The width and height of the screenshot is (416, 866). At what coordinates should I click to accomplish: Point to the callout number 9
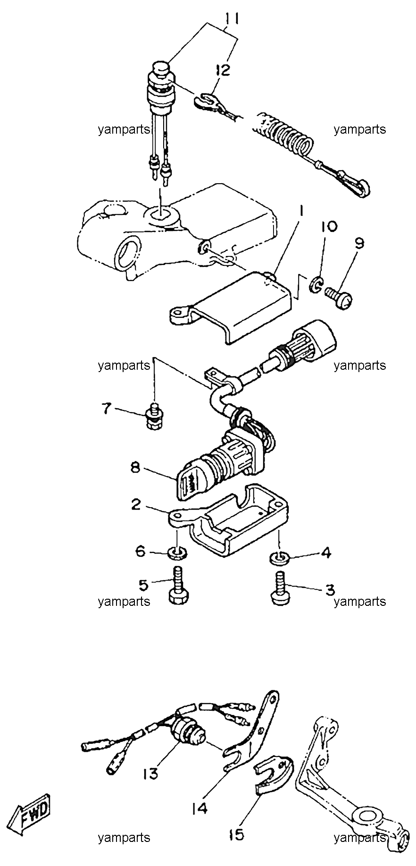click(x=359, y=243)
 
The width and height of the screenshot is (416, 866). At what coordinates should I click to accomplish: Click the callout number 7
click(x=108, y=408)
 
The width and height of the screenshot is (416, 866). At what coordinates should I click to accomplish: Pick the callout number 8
click(x=136, y=467)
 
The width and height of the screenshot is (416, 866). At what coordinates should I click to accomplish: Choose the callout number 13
click(x=152, y=773)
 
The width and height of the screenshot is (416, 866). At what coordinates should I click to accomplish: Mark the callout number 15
click(x=237, y=834)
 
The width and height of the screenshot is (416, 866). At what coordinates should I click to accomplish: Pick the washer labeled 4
click(x=279, y=557)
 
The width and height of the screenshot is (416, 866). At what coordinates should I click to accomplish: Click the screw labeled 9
click(x=338, y=299)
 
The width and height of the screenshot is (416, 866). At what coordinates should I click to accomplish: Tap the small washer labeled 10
click(x=316, y=284)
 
